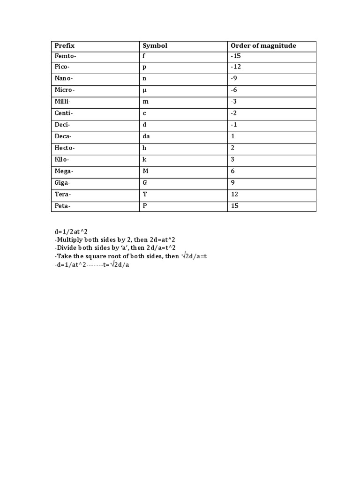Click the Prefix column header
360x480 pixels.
click(x=65, y=46)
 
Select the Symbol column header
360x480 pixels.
click(x=155, y=46)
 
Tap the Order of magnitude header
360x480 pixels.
click(x=263, y=46)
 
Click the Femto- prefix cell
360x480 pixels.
click(x=65, y=56)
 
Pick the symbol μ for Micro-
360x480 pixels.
click(x=144, y=90)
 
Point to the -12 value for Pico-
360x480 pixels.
click(x=236, y=67)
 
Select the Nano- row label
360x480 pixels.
click(x=64, y=79)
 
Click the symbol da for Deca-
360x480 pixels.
click(x=146, y=136)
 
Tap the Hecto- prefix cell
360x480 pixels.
click(x=65, y=148)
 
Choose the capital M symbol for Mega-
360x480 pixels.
click(x=145, y=171)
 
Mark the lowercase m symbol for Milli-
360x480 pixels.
click(x=145, y=102)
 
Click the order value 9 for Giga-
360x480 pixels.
click(x=233, y=183)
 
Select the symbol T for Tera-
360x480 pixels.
click(x=145, y=194)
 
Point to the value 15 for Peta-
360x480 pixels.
click(x=235, y=206)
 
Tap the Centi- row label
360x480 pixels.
click(x=64, y=113)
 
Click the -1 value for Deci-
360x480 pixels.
click(x=234, y=125)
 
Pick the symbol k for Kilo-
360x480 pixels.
click(x=144, y=160)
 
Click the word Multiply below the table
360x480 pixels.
click(x=69, y=240)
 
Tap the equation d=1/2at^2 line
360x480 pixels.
click(x=71, y=231)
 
